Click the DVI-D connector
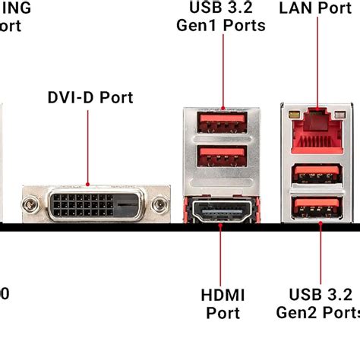(x=94, y=203)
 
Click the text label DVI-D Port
(x=90, y=98)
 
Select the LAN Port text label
(x=315, y=8)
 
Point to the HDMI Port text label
(x=221, y=303)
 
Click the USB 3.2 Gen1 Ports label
(x=221, y=17)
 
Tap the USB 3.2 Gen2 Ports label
(x=317, y=303)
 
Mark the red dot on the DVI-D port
(x=89, y=184)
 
